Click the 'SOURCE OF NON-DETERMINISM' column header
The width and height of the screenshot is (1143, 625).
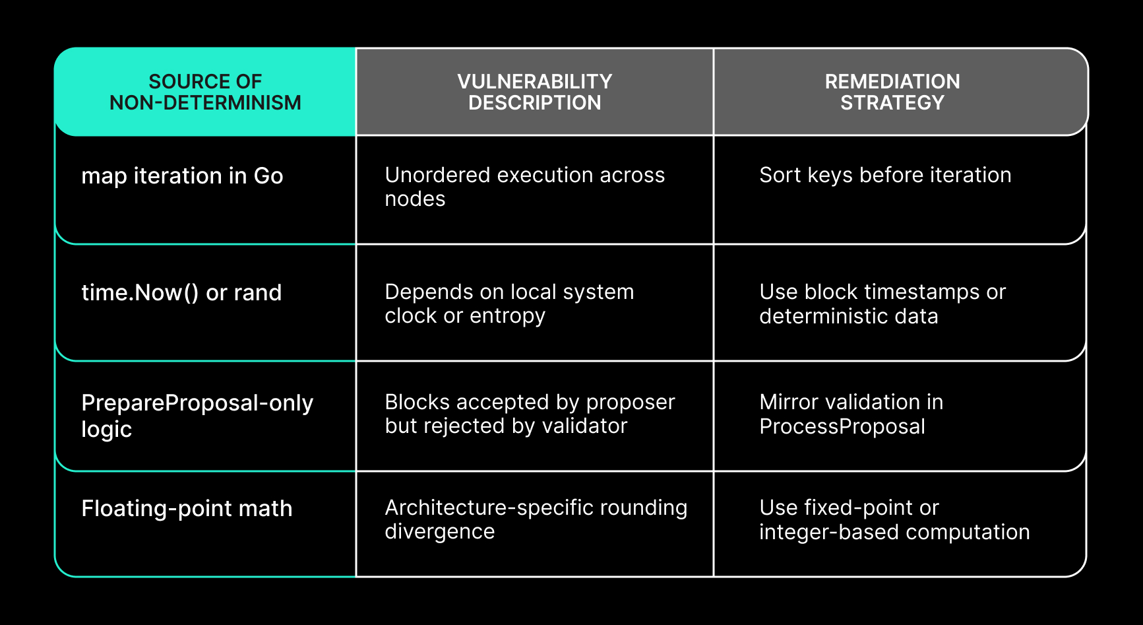pos(205,92)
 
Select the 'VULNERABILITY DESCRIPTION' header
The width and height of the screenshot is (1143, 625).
pos(535,92)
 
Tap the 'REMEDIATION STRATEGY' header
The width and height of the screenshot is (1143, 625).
pos(892,92)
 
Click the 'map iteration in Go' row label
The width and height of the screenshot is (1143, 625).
pos(182,176)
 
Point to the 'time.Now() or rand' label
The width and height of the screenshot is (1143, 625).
pos(181,292)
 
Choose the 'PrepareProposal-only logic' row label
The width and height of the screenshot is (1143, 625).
pos(197,416)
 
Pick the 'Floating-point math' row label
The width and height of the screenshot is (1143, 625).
pos(187,508)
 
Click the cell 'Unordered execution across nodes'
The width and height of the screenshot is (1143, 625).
pos(525,187)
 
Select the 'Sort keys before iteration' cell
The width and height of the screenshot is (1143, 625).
pos(885,175)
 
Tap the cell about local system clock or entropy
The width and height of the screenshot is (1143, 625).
pos(509,304)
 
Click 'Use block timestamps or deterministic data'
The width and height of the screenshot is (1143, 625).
pos(882,304)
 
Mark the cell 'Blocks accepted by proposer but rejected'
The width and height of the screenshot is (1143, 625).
pos(530,414)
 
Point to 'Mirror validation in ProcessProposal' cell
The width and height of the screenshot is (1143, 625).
pos(851,414)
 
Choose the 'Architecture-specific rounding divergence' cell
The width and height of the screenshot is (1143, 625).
pos(536,519)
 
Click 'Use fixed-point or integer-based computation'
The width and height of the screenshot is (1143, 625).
pos(894,519)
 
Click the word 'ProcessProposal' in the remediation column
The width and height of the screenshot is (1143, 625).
pos(842,426)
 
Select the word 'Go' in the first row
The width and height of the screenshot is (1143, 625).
pos(268,176)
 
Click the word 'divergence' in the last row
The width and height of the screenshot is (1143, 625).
pos(440,532)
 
